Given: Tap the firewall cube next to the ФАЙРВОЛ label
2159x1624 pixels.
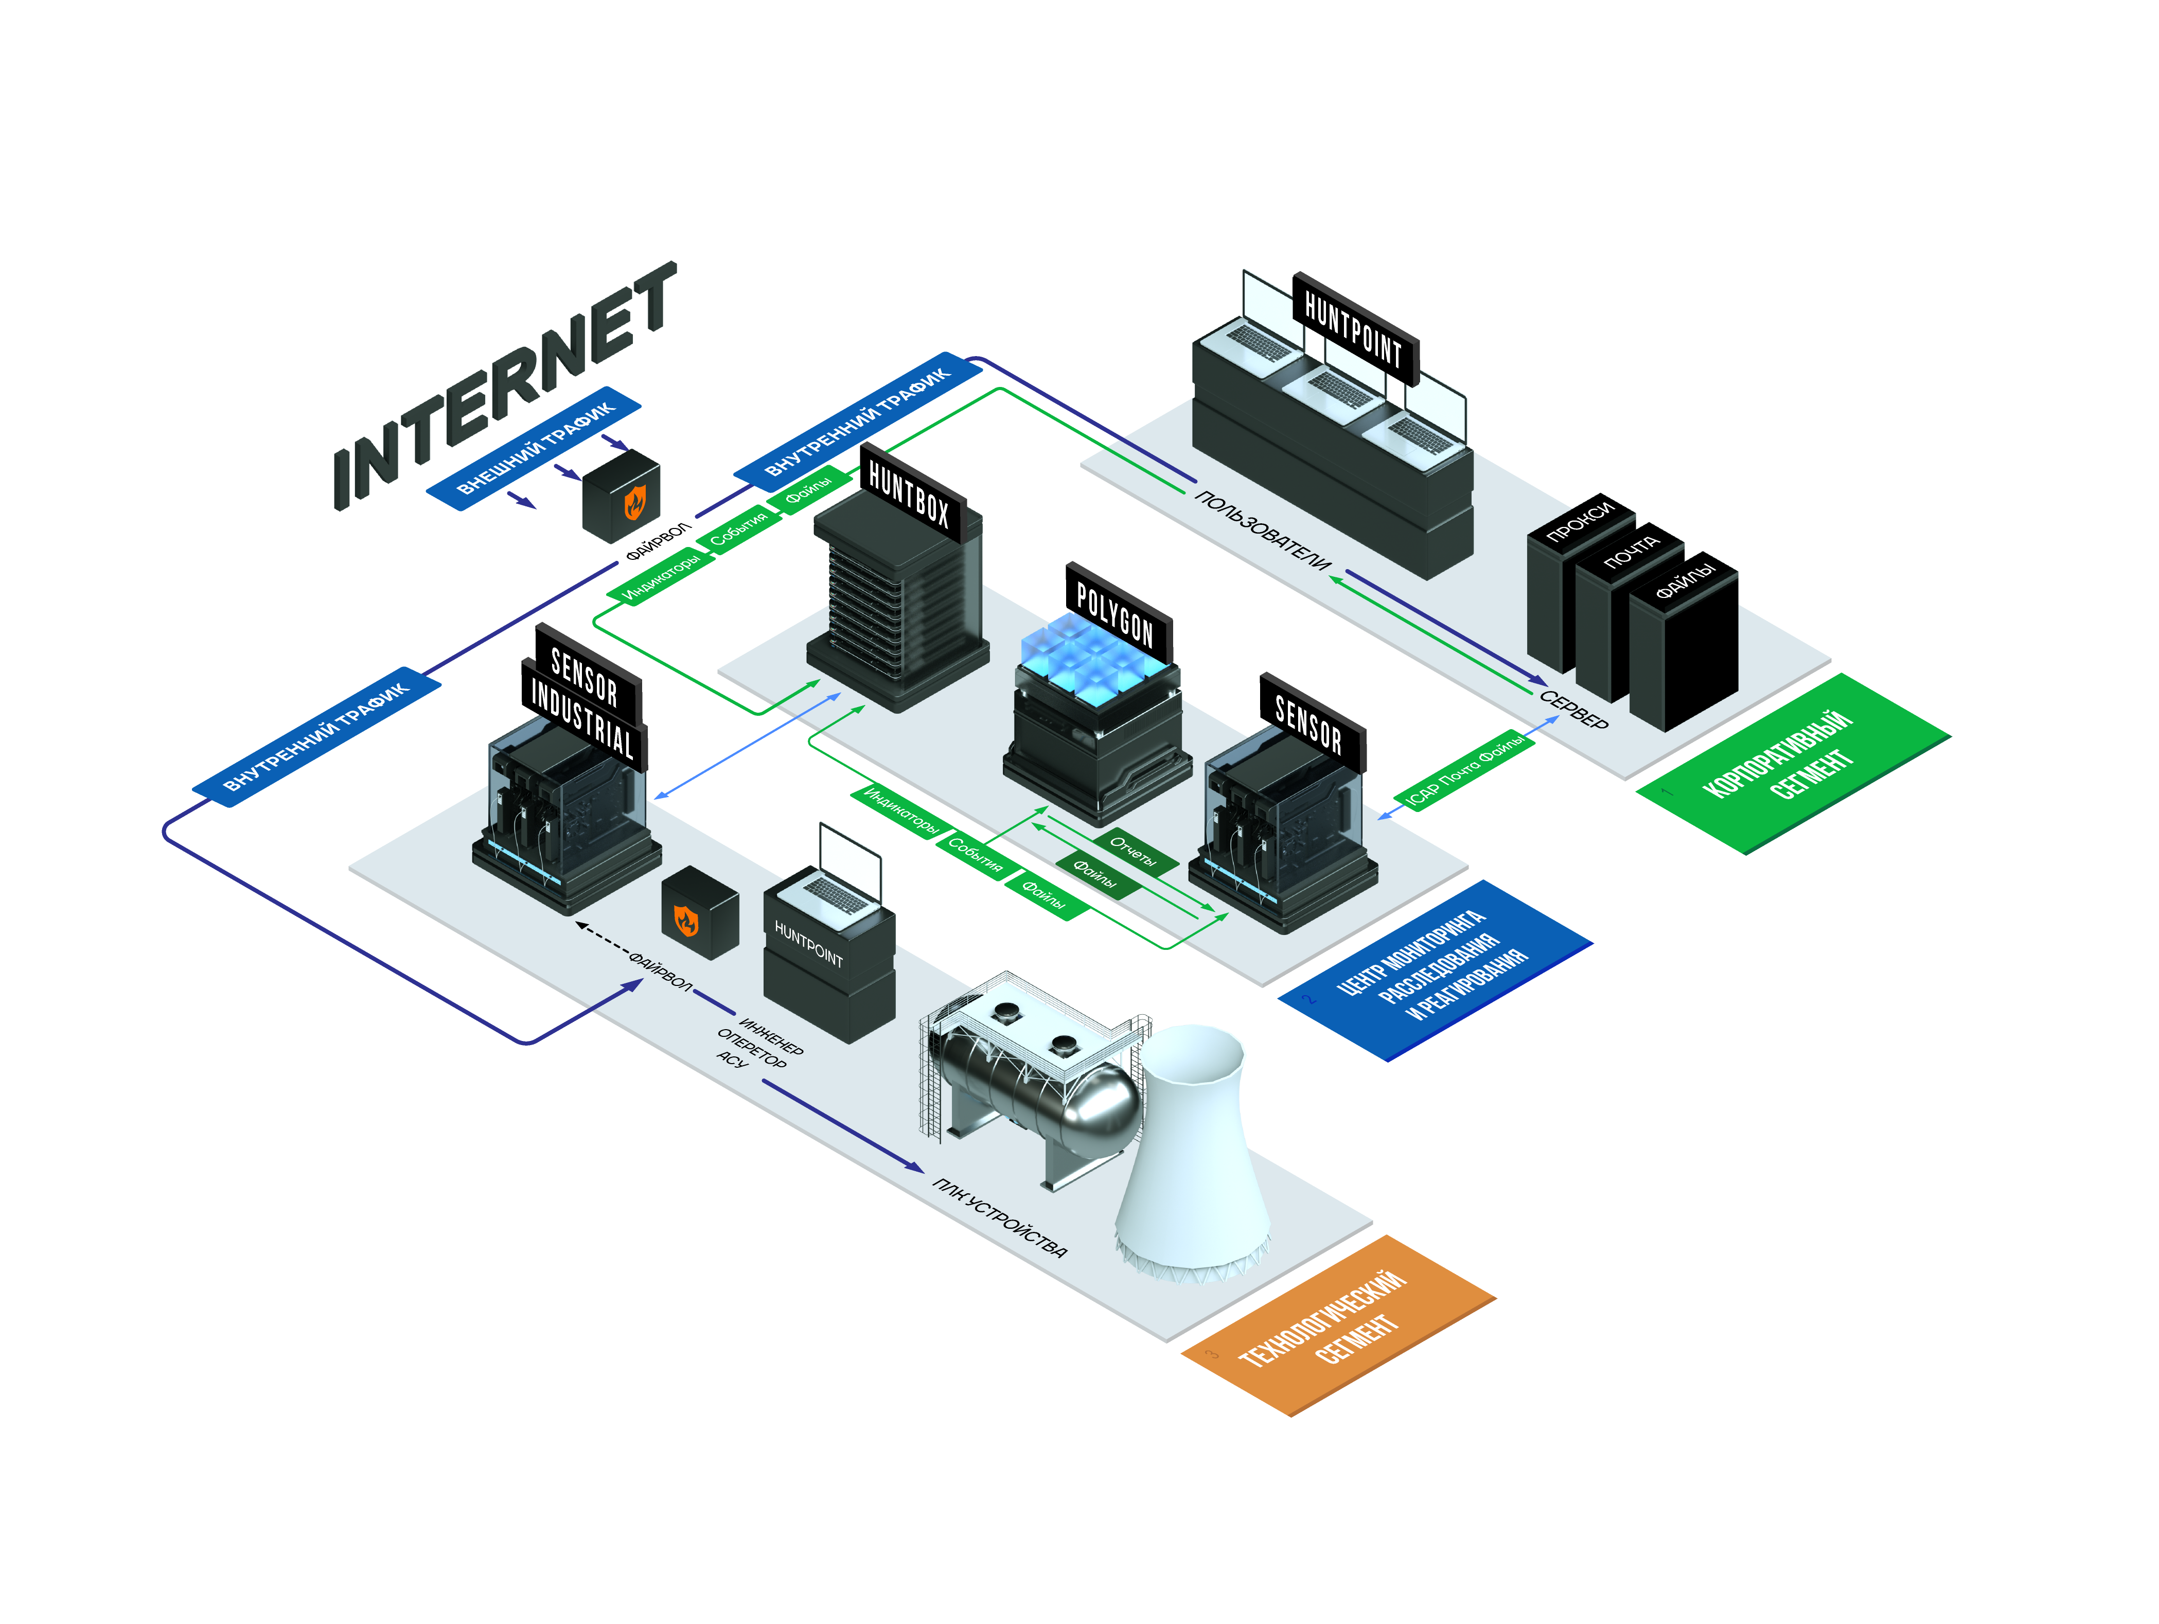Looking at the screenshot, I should tap(699, 912).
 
